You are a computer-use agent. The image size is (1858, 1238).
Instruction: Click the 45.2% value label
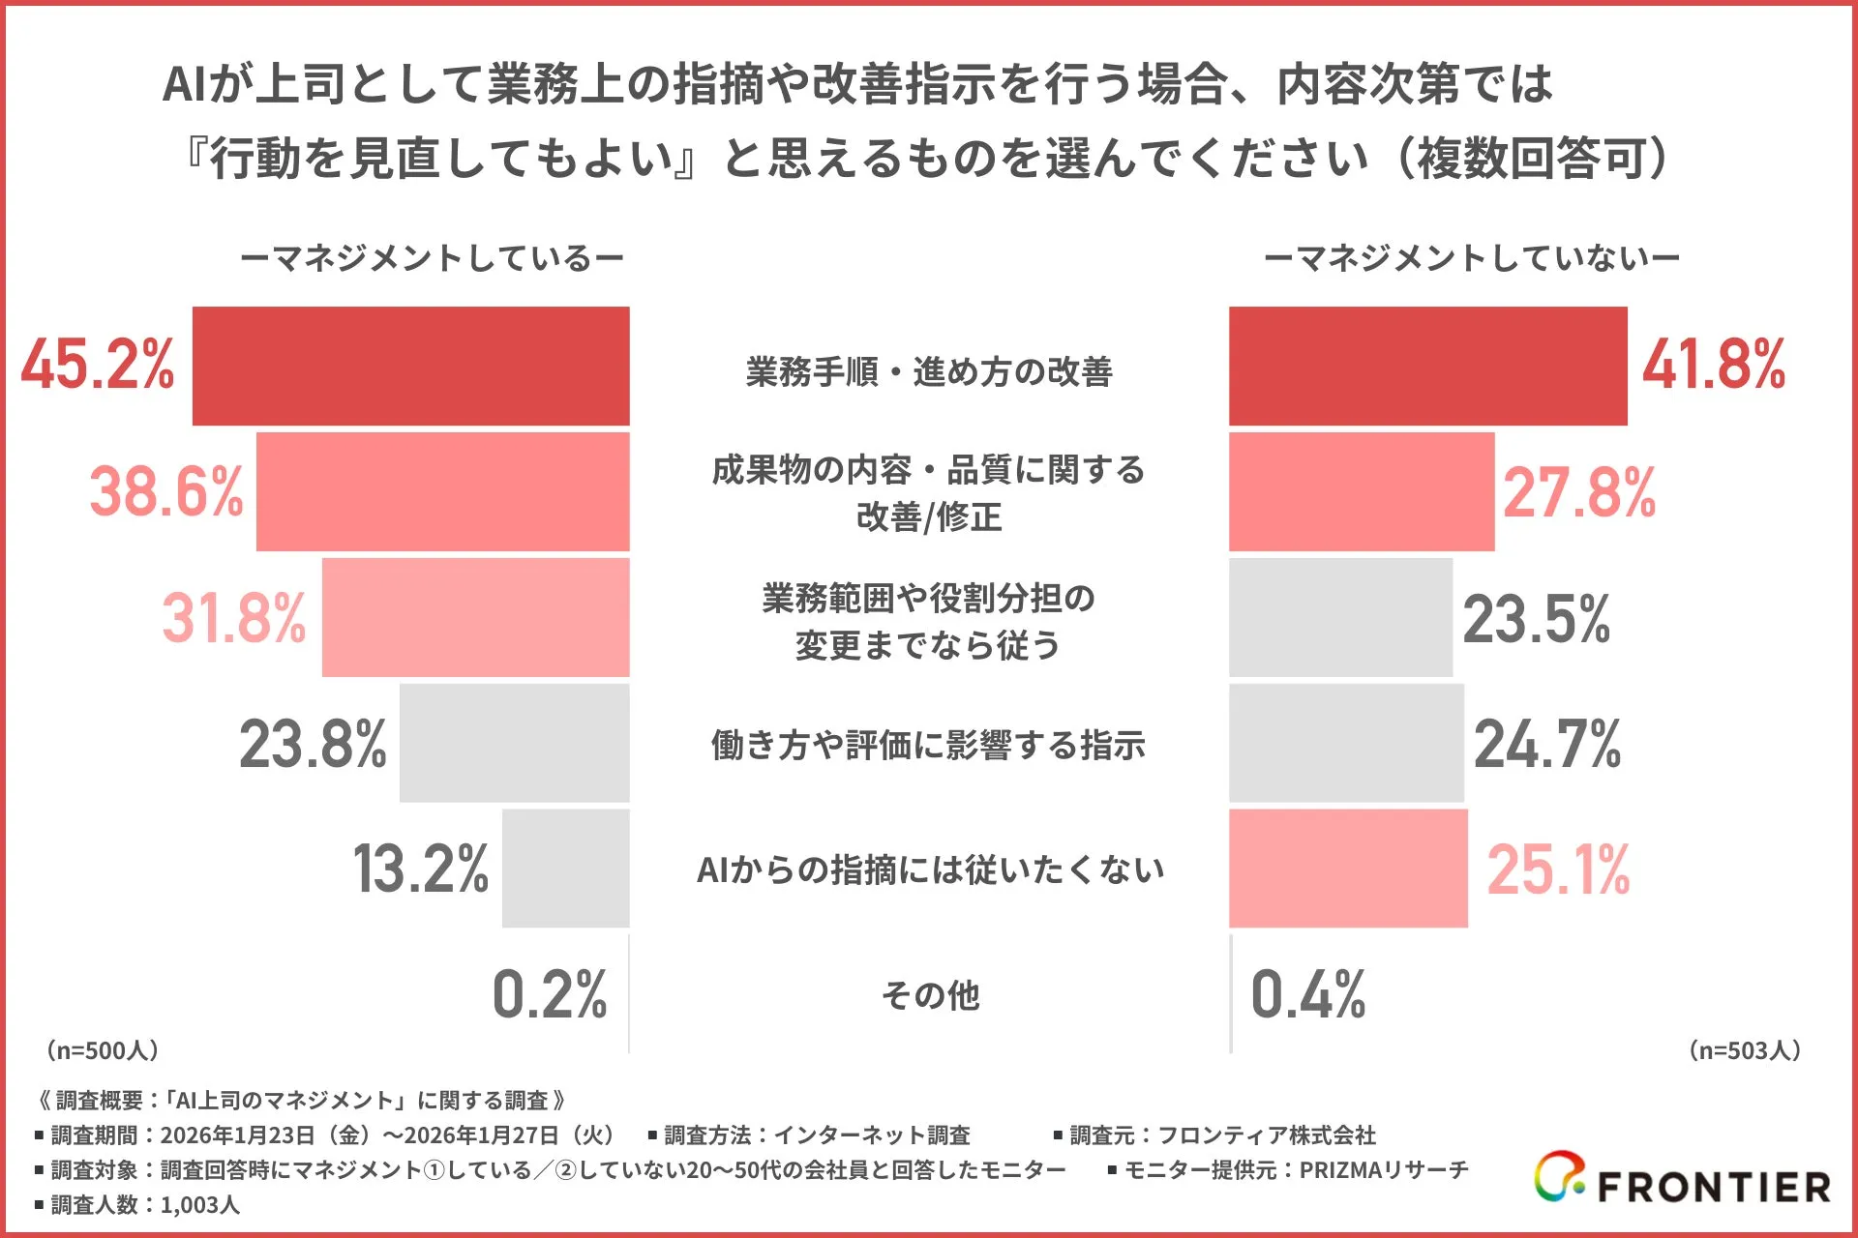[98, 365]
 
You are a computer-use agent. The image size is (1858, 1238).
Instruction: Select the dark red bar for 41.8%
[1427, 367]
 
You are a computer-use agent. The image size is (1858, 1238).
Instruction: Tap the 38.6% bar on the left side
[442, 491]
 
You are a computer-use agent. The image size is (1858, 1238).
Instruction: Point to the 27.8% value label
[1578, 492]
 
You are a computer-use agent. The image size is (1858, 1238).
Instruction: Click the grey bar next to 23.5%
[1340, 617]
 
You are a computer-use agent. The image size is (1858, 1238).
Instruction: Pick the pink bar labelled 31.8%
[475, 617]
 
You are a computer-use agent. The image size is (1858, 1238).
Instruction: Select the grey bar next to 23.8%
[514, 743]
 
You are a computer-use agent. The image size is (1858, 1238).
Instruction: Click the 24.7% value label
[1546, 744]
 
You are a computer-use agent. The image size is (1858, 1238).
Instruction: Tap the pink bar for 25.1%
[1348, 869]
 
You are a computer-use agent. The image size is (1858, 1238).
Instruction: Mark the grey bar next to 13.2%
[565, 869]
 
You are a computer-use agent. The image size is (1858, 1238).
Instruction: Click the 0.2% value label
[549, 994]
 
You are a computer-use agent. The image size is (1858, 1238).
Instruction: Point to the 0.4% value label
[1307, 994]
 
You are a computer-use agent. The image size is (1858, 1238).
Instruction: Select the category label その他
[930, 994]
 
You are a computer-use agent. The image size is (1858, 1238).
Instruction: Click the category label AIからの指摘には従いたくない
[930, 870]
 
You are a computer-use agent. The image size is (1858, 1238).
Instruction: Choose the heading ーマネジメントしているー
[432, 258]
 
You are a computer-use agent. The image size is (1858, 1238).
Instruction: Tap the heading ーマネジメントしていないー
[1471, 258]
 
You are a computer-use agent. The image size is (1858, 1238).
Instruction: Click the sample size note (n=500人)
[103, 1050]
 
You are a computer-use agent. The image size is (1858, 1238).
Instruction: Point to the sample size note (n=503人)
[1744, 1050]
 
